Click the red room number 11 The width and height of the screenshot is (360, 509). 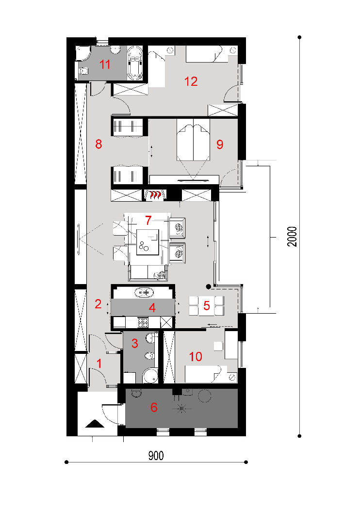point(105,64)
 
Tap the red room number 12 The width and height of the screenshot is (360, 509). point(191,81)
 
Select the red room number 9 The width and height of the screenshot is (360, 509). point(220,144)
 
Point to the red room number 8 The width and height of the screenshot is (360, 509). point(98,143)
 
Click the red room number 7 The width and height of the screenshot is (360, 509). point(148,221)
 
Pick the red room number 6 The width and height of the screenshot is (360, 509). point(154,407)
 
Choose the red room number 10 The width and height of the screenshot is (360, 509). point(196,356)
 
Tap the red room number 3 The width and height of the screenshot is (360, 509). point(135,343)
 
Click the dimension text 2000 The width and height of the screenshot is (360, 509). point(292,237)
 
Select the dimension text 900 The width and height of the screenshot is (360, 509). point(156,456)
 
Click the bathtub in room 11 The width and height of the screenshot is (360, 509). point(135,63)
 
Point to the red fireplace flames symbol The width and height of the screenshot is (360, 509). point(155,195)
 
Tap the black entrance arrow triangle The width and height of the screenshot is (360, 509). point(95,423)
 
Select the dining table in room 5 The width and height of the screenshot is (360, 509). point(207,305)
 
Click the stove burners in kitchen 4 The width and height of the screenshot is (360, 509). point(143,322)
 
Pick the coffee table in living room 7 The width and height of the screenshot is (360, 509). point(148,242)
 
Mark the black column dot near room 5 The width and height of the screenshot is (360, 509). point(209,286)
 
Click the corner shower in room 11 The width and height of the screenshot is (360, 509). point(83,53)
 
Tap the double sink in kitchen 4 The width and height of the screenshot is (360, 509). point(144,292)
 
